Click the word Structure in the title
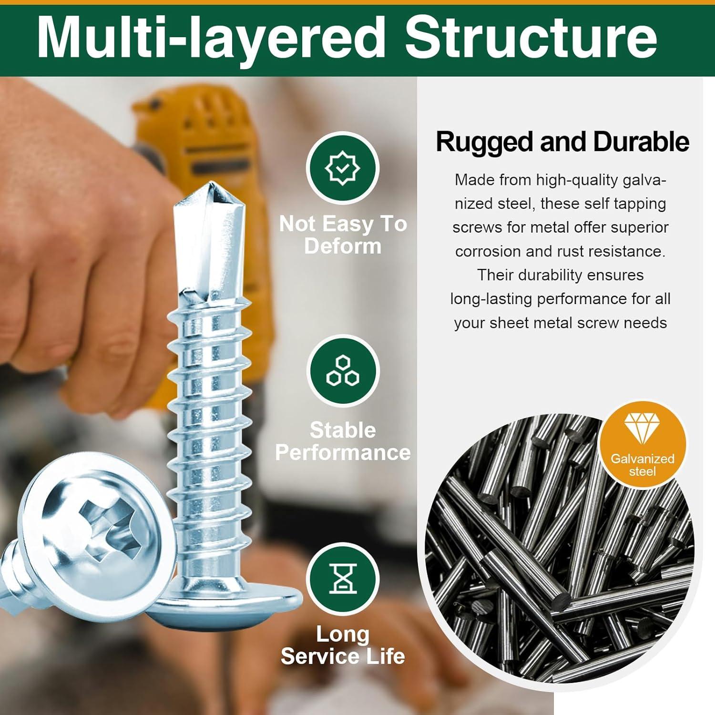click(x=531, y=37)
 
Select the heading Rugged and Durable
click(x=562, y=142)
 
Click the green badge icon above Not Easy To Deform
click(x=342, y=168)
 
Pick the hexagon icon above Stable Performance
click(x=342, y=371)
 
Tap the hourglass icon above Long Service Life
click(x=342, y=579)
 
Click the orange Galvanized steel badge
click(x=642, y=446)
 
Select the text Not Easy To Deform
click(x=343, y=235)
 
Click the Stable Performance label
click(x=343, y=441)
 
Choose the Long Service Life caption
click(x=343, y=645)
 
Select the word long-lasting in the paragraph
click(x=491, y=299)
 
